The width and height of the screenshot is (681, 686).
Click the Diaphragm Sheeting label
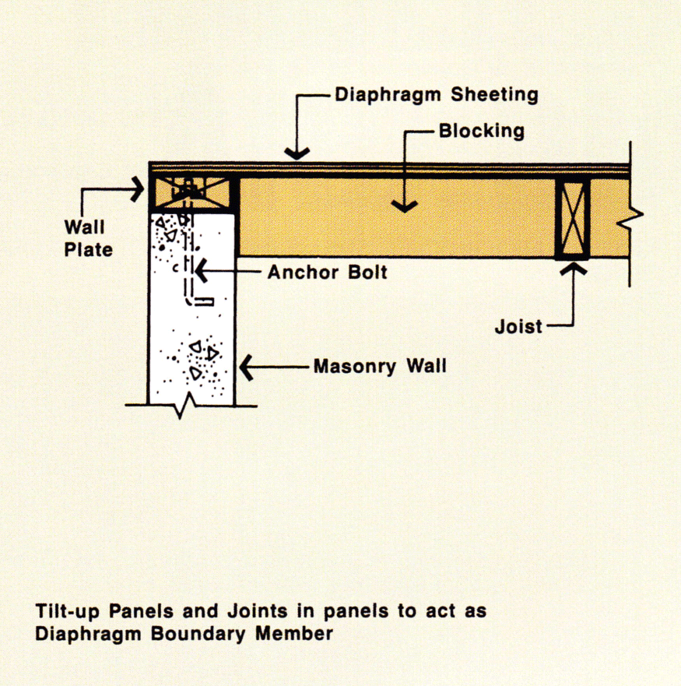(436, 95)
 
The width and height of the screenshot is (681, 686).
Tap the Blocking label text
(481, 130)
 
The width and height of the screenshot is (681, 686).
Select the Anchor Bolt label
(327, 273)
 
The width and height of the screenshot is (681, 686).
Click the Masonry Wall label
(380, 365)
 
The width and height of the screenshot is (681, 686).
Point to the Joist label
(518, 326)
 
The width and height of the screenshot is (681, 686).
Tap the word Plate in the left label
(88, 249)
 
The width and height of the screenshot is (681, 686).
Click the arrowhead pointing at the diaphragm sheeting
(297, 154)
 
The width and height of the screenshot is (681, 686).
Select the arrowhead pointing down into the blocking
(403, 206)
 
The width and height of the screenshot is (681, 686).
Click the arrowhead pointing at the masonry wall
(246, 366)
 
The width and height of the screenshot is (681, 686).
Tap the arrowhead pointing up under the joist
(574, 269)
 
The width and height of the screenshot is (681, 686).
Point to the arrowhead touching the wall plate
(139, 187)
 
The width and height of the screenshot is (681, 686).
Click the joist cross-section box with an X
(572, 218)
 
